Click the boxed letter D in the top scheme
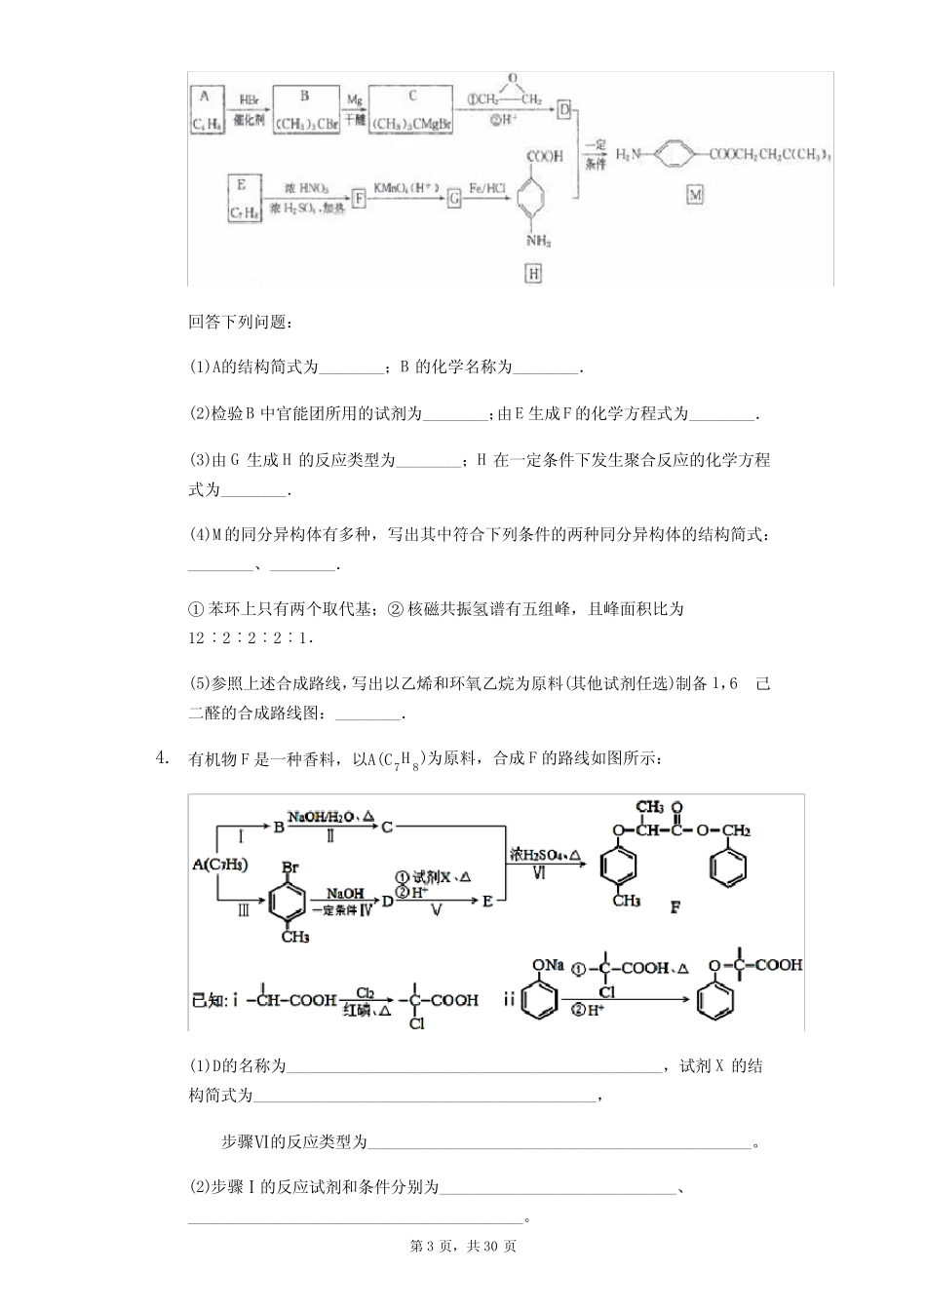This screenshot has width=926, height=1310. (563, 110)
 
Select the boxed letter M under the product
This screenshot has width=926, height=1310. (694, 195)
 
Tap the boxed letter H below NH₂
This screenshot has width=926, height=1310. (533, 273)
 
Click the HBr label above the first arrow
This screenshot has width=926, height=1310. (250, 99)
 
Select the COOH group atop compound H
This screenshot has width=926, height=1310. (544, 156)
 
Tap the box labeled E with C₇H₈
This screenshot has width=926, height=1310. (242, 198)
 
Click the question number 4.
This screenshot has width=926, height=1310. (162, 757)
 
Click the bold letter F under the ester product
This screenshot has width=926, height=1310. (675, 907)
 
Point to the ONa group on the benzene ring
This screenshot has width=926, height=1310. (547, 964)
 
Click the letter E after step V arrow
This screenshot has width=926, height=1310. (488, 902)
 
